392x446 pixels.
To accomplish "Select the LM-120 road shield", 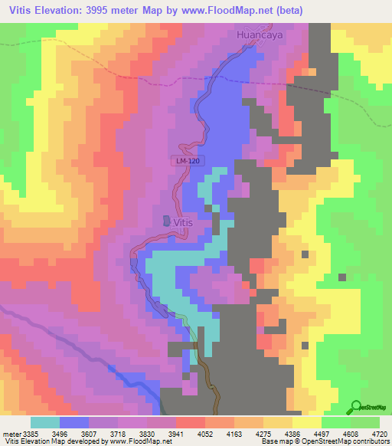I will pos(183,160).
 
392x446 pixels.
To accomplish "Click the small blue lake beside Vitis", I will pos(167,220).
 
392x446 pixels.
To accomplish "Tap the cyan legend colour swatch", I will pos(45,422).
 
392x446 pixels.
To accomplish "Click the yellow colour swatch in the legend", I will pos(307,422).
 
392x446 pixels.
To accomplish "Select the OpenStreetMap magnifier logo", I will pos(356,406).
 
